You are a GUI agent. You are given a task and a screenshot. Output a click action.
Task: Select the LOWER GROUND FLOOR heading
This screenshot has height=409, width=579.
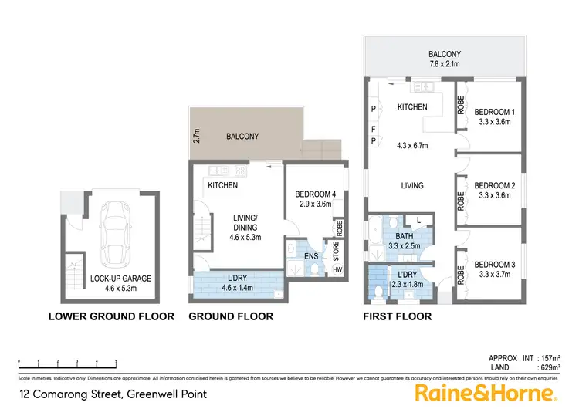click(111, 316)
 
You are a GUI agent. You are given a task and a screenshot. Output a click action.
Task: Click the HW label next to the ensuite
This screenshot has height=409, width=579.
click(337, 270)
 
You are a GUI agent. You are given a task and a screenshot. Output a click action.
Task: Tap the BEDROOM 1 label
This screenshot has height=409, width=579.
click(495, 110)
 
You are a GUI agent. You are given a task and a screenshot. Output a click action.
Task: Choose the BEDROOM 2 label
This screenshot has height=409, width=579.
click(495, 185)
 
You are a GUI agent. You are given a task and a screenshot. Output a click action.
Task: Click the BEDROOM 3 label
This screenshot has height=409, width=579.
click(495, 262)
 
